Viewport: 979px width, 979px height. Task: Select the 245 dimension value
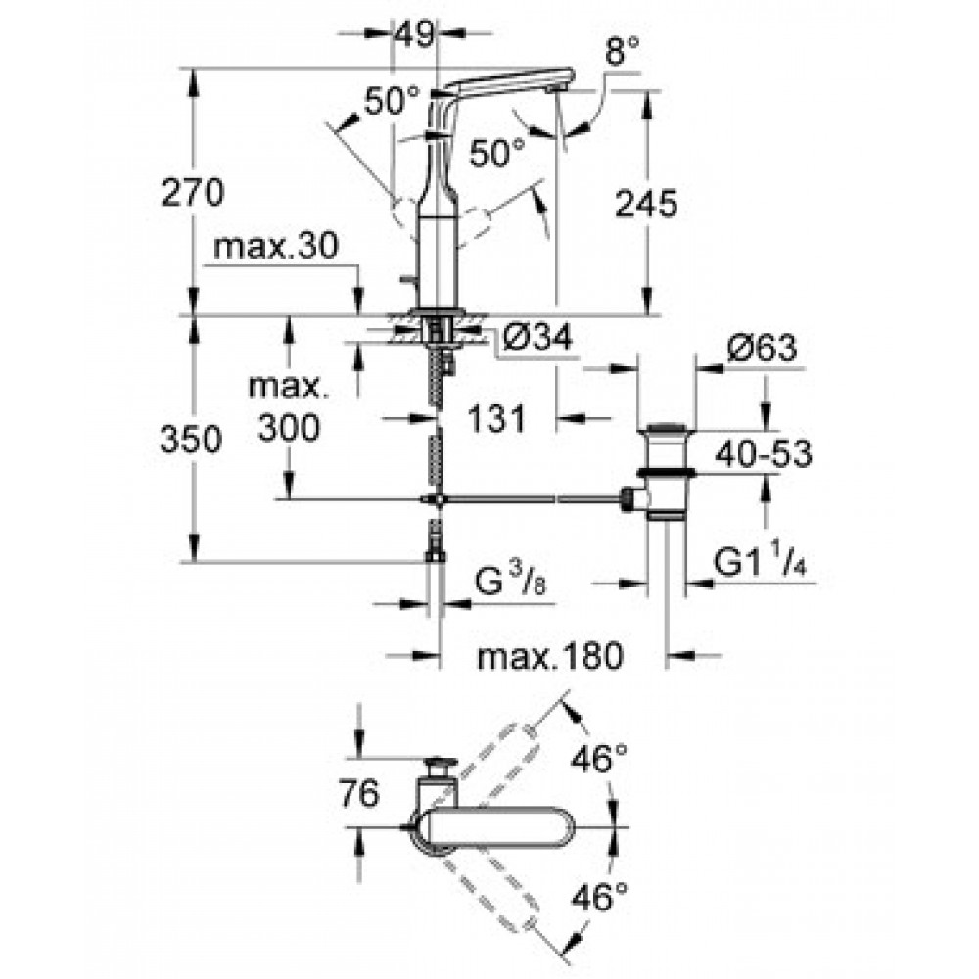coord(646,204)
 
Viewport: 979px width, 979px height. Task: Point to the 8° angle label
coord(623,51)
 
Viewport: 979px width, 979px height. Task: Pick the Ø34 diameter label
coord(536,338)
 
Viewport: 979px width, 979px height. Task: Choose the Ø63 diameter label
coord(763,348)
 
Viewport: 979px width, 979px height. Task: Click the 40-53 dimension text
coord(764,454)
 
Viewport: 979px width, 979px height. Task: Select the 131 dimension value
coord(497,418)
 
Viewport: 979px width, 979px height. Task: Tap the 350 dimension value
coord(191,439)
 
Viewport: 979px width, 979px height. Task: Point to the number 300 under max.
coord(289,429)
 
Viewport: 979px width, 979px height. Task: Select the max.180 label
coord(550,656)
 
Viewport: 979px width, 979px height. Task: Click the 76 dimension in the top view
coord(359,794)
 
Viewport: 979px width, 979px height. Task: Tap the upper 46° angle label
coord(599,760)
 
